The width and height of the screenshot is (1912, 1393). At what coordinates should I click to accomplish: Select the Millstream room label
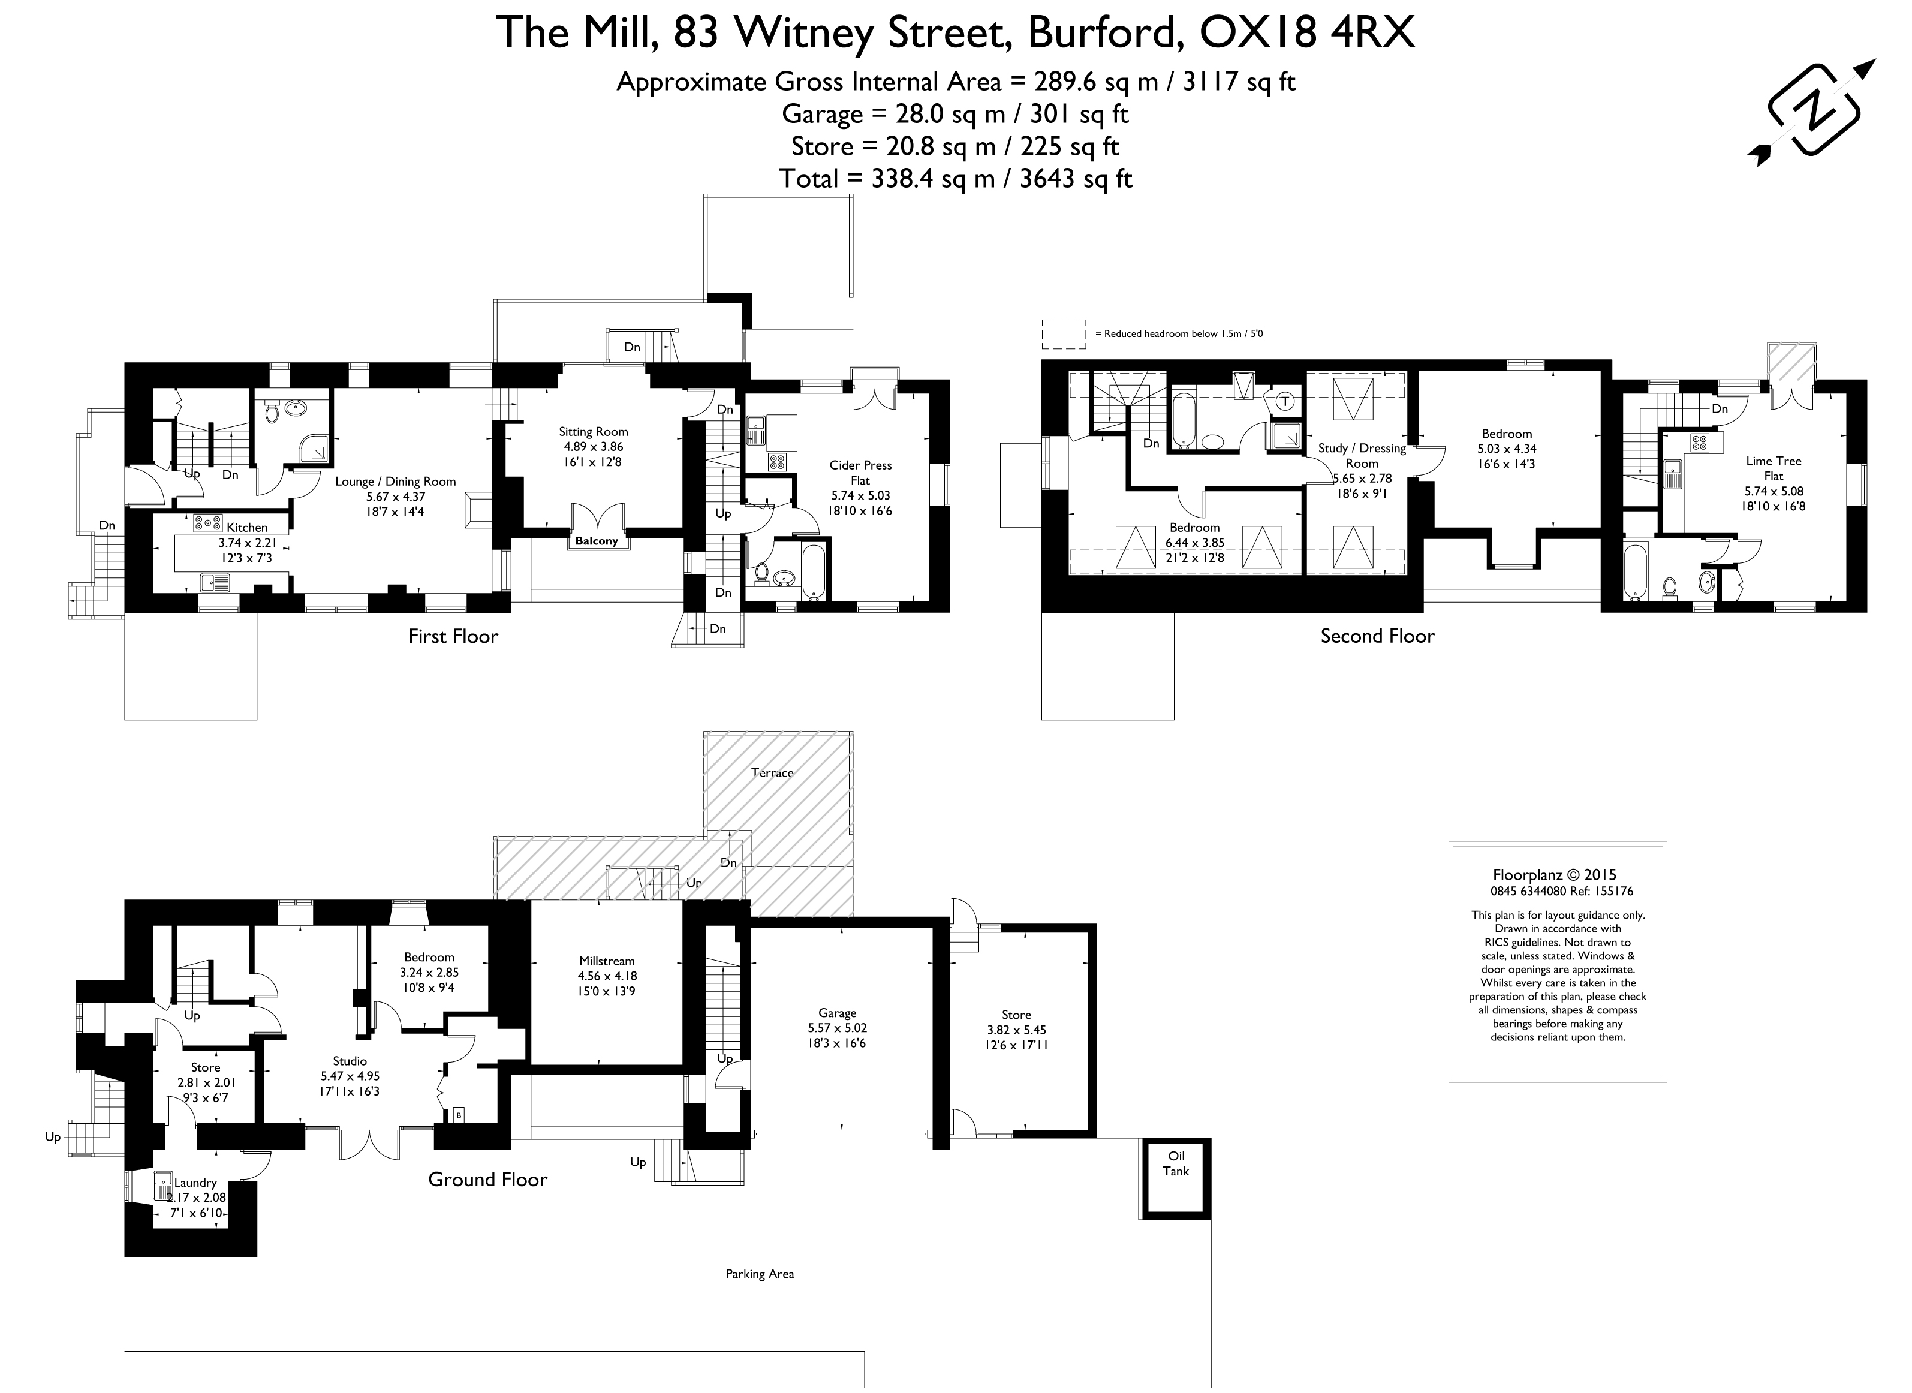(x=606, y=961)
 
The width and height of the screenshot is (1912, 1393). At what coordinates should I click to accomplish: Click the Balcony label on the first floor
(x=597, y=541)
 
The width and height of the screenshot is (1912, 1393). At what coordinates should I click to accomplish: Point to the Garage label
(x=837, y=1013)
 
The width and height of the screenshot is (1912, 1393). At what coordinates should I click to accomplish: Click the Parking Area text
(x=760, y=1274)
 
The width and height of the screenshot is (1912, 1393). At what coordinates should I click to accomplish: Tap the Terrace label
(x=772, y=772)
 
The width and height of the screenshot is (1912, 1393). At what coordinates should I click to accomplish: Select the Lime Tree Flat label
(x=1774, y=468)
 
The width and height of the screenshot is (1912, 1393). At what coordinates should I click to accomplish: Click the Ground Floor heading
(x=487, y=1179)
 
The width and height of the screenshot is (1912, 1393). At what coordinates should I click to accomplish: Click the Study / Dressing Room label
(x=1362, y=455)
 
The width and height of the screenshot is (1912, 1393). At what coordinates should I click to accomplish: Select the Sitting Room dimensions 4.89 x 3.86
(x=594, y=447)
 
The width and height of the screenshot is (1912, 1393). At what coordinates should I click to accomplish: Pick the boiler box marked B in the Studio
(x=459, y=1115)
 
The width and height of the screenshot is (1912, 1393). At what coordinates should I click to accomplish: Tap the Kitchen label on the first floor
(x=247, y=528)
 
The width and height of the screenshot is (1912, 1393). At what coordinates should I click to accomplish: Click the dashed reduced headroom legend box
(x=1064, y=334)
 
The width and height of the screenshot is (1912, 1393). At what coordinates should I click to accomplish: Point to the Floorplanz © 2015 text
(x=1555, y=875)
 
